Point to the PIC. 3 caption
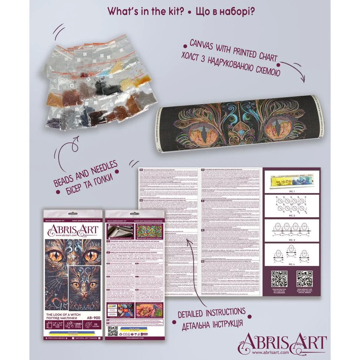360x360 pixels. (x=291, y=241)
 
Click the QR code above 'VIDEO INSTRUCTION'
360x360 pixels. (x=280, y=279)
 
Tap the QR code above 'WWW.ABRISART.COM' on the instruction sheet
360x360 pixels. (x=304, y=279)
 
